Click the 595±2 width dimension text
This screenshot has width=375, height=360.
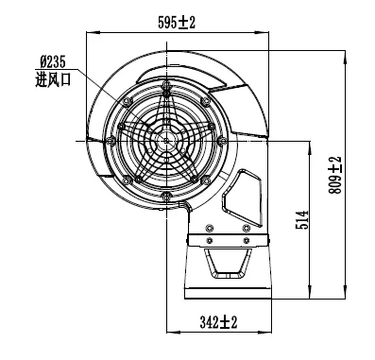[x=177, y=23]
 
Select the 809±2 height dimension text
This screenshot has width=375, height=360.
[x=335, y=175]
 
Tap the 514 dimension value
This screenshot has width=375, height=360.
[x=302, y=220]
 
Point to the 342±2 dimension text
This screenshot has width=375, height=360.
[x=218, y=322]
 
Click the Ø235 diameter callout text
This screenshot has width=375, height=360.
[x=53, y=61]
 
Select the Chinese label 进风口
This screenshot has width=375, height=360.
[x=53, y=79]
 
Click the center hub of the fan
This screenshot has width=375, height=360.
[x=166, y=141]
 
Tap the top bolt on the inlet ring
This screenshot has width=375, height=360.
[x=166, y=85]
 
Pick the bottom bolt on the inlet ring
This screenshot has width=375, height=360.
[x=165, y=197]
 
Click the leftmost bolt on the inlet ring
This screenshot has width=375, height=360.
[x=111, y=141]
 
